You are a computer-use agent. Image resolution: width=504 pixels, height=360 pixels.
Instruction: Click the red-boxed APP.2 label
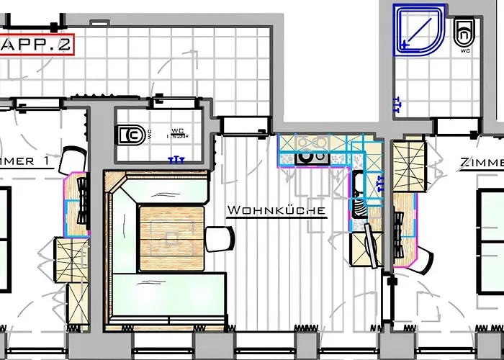tap(36, 44)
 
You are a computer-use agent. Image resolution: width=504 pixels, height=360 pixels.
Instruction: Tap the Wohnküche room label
tap(276, 211)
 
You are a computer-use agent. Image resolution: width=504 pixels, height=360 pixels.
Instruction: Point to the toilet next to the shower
tap(464, 31)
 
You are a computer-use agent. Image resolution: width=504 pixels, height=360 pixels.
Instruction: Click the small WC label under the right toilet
tap(465, 51)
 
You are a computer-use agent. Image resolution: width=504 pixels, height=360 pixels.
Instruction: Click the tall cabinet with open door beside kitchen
tap(367, 245)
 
